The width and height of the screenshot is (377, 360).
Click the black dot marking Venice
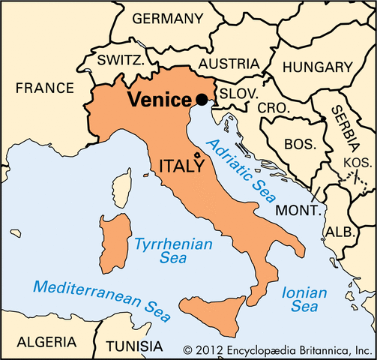click(x=201, y=99)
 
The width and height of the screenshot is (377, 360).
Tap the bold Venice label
click(x=160, y=99)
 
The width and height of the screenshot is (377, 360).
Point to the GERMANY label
click(x=166, y=18)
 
